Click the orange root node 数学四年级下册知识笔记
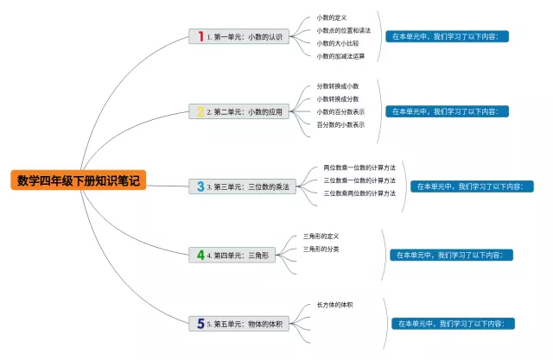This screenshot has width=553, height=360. click(78, 180)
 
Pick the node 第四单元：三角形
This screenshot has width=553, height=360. click(233, 256)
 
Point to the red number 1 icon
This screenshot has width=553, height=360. click(200, 36)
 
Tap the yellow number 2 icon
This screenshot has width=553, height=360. click(200, 111)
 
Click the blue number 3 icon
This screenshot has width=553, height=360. click(200, 186)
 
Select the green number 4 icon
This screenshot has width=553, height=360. click(200, 256)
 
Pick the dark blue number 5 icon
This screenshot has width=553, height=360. click(200, 324)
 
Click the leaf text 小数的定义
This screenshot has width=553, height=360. click(331, 17)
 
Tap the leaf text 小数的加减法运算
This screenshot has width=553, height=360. click(340, 56)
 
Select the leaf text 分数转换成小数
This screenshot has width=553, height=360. click(338, 85)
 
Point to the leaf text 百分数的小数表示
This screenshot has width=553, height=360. click(340, 124)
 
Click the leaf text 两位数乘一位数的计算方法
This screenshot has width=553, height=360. click(359, 167)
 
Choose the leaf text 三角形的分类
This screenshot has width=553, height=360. click(321, 249)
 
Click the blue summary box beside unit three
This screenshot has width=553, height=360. click(470, 186)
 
